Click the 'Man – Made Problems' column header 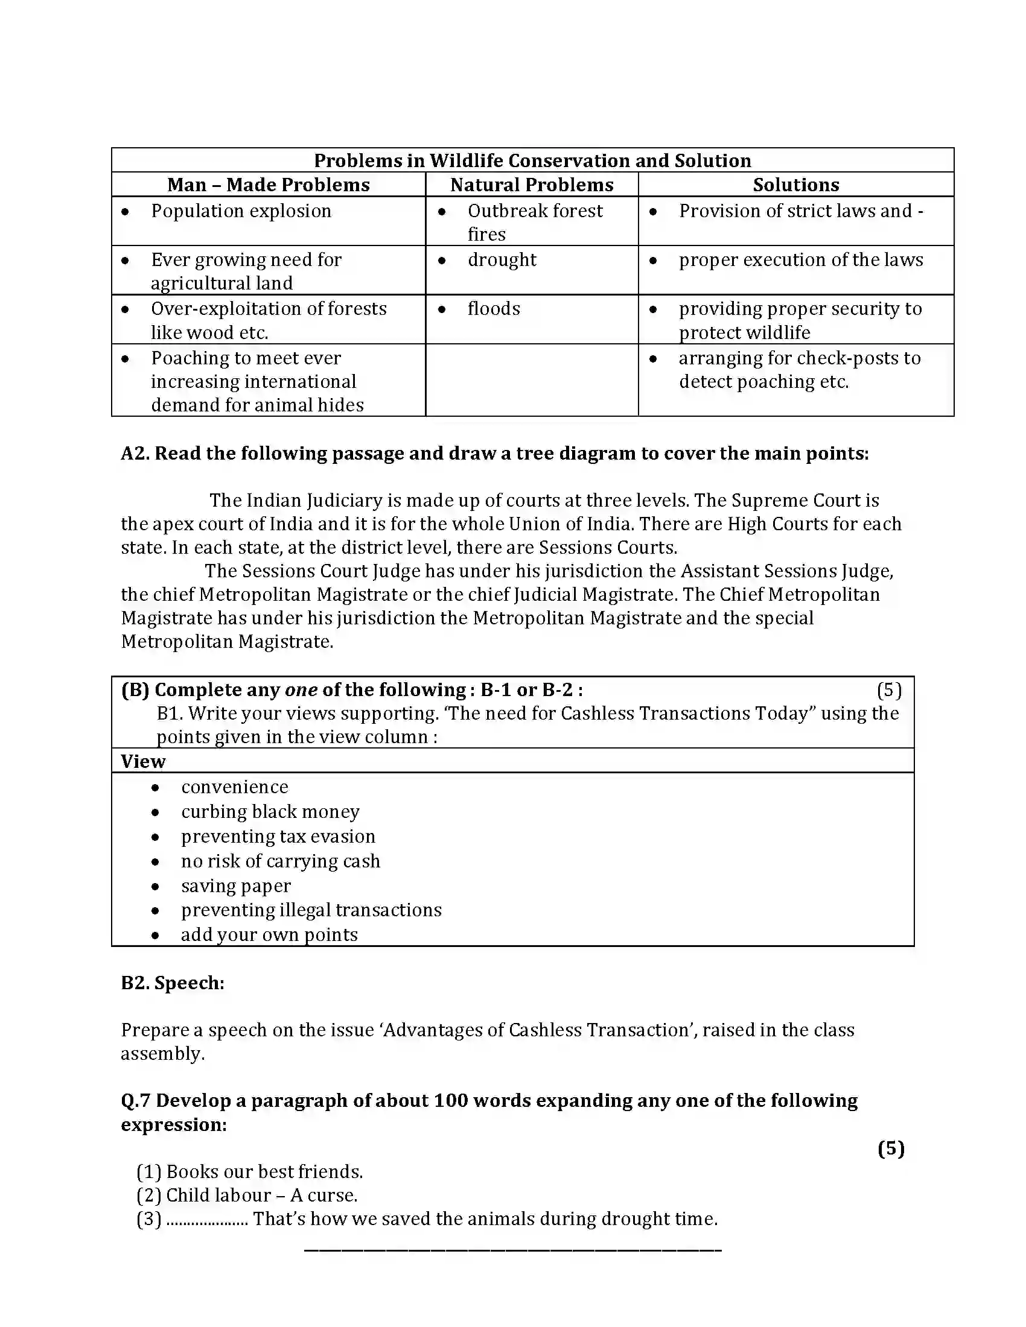point(268,185)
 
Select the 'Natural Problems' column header point(531,185)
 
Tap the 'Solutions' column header point(795,185)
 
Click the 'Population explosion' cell point(241,211)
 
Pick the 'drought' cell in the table point(502,260)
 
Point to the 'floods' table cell point(494,309)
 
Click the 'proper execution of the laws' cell point(800,260)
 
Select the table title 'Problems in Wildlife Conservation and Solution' point(532,160)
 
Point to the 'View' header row point(144,761)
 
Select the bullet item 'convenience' point(235,787)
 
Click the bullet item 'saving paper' point(236,886)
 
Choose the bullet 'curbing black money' point(270,812)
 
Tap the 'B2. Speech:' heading point(173,983)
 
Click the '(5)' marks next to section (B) point(888,690)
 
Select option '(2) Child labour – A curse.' point(247,1195)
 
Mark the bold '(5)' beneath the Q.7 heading point(891,1148)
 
